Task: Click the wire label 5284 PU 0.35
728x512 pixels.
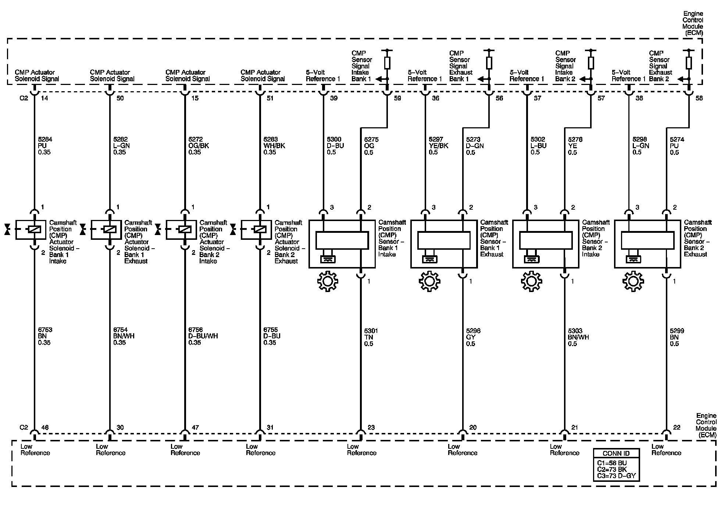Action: tap(45, 146)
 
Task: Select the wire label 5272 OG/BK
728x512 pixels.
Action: tap(199, 146)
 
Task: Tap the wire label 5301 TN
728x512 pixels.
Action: tap(371, 337)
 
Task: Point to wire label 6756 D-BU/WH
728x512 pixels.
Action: tap(203, 336)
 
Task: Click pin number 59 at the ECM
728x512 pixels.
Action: tap(397, 98)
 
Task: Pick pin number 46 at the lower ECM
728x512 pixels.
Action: tap(45, 427)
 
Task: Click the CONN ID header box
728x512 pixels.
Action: tap(616, 454)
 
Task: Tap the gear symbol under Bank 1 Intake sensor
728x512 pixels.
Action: tap(327, 281)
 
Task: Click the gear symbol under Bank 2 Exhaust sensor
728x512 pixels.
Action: tap(633, 281)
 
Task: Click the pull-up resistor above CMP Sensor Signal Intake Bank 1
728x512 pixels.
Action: tap(387, 63)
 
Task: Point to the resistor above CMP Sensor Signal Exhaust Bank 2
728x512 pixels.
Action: tap(689, 63)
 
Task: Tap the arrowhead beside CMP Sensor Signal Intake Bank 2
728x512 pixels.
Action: tap(582, 79)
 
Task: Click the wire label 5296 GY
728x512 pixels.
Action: tap(473, 337)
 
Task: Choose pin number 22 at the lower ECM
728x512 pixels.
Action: tap(677, 427)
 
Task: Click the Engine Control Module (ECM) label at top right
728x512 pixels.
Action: tap(693, 23)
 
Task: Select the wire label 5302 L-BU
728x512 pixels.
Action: tap(538, 146)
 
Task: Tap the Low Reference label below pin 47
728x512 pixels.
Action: tap(185, 449)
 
